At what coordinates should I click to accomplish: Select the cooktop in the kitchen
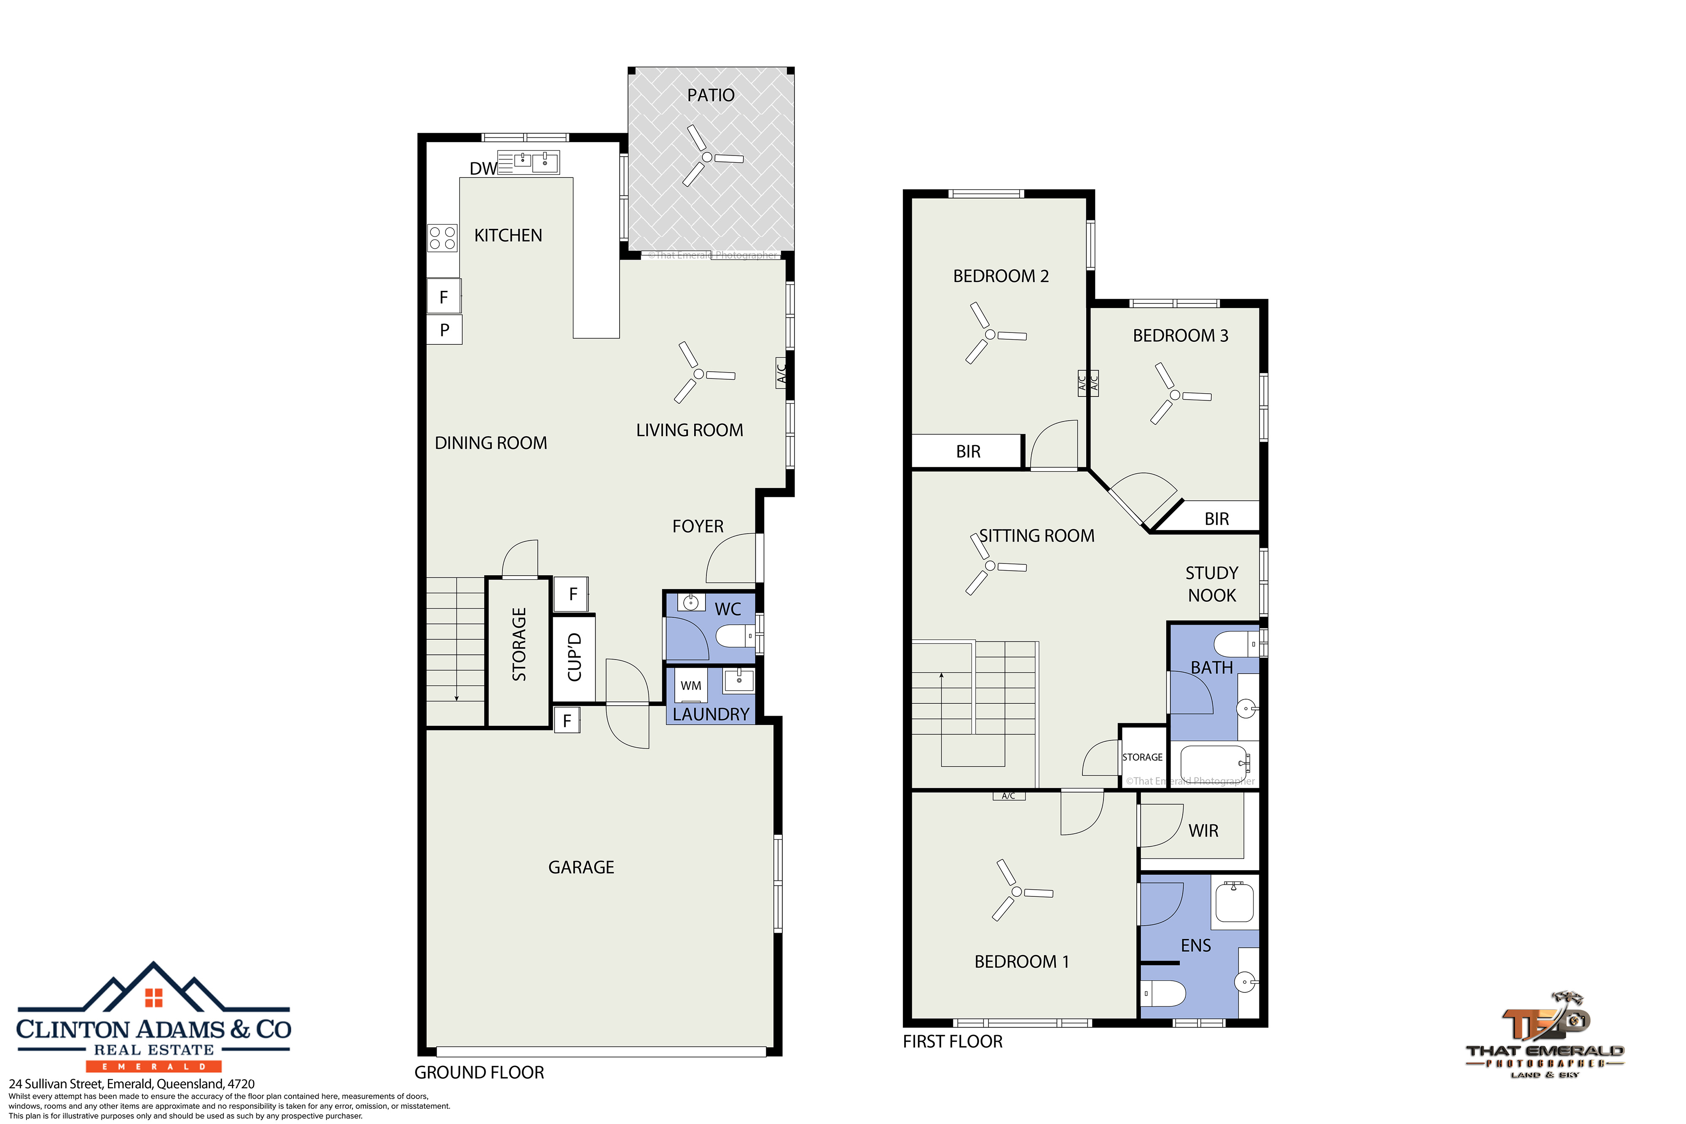coord(442,238)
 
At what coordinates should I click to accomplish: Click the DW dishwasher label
coord(483,169)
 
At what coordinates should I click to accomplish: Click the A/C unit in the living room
coord(781,373)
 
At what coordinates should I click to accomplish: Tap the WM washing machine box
coord(691,685)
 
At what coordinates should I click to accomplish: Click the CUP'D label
coord(574,657)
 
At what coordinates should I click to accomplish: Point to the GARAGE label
coord(581,867)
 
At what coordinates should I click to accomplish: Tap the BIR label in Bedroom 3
coord(1216,519)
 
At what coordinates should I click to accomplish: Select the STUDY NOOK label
coord(1211,584)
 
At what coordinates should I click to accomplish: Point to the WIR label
coord(1203,831)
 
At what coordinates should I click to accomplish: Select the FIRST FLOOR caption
coord(952,1041)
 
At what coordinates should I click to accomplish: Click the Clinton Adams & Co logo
coord(153,1017)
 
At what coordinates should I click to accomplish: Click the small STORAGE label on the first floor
coord(1143,757)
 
